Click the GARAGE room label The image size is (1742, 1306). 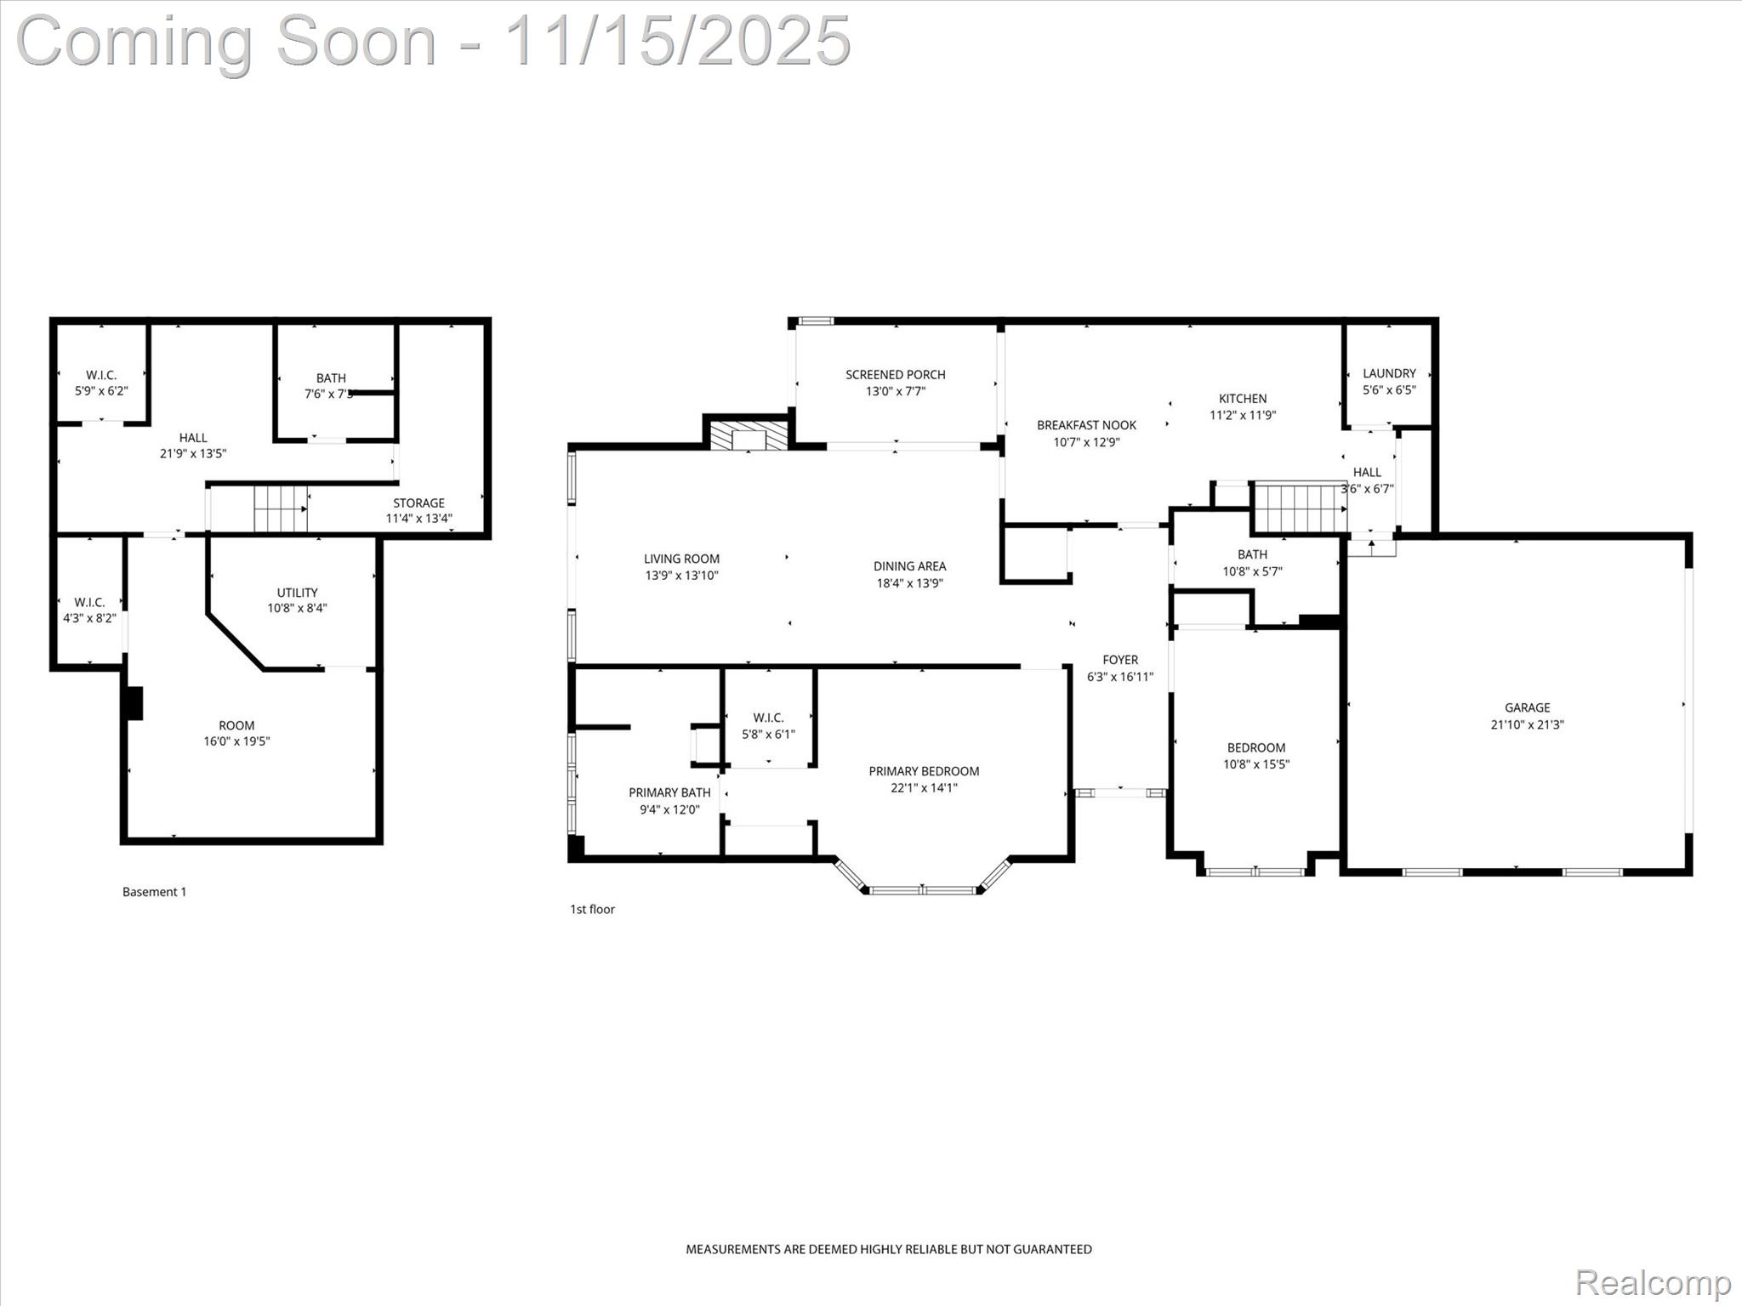click(x=1527, y=707)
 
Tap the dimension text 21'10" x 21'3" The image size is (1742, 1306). click(x=1527, y=725)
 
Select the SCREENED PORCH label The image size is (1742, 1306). click(x=895, y=375)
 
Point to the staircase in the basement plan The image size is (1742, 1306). click(x=280, y=508)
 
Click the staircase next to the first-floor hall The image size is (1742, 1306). click(x=1300, y=508)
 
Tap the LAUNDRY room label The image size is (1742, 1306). click(x=1389, y=373)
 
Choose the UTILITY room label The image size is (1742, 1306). click(x=297, y=593)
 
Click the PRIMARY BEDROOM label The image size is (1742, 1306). click(x=924, y=771)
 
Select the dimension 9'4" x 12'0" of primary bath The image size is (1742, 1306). click(x=669, y=809)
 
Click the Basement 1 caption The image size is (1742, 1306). click(x=154, y=892)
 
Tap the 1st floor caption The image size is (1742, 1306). click(x=592, y=909)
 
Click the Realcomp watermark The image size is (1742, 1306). click(x=1652, y=1282)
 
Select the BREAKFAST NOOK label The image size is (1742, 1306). click(x=1086, y=425)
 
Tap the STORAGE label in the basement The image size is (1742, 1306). click(x=418, y=503)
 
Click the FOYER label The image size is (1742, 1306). click(x=1120, y=660)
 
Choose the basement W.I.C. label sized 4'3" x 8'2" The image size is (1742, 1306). click(x=88, y=602)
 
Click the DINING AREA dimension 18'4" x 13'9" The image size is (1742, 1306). click(x=909, y=583)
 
